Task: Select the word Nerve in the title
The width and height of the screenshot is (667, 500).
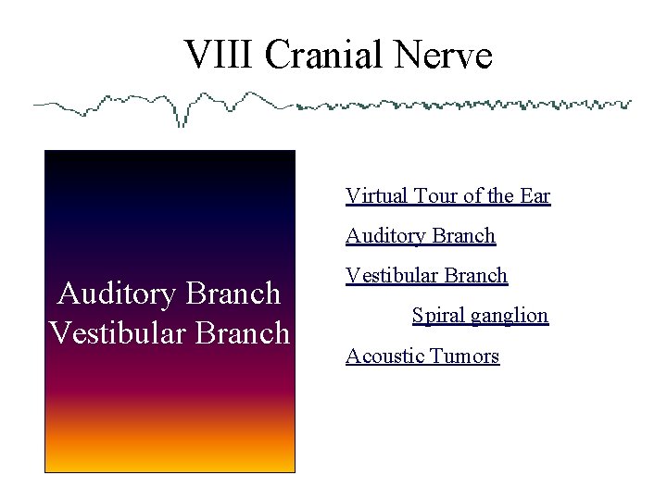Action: [442, 56]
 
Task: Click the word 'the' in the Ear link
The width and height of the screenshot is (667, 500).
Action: [500, 196]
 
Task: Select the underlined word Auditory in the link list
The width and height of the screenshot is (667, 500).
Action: [383, 236]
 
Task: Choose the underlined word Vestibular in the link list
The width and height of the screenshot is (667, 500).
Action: [389, 276]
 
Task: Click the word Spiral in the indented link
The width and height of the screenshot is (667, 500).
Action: [438, 316]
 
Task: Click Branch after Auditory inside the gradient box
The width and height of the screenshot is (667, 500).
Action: [234, 294]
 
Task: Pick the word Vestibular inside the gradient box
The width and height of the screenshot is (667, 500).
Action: [110, 332]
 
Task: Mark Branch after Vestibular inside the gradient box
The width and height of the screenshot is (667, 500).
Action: [243, 332]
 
